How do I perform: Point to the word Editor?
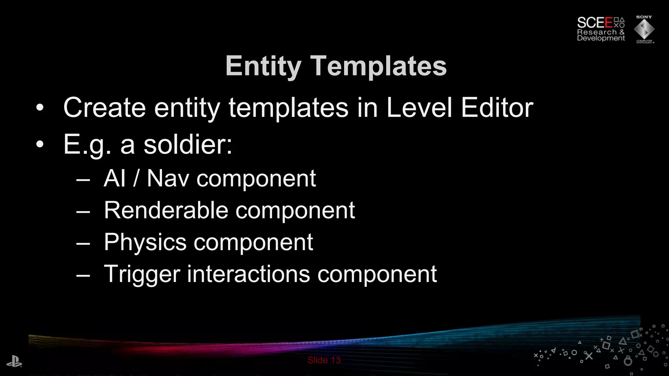coord(497,108)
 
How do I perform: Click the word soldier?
coord(188,145)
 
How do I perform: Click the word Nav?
coord(168,179)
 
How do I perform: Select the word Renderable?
coord(166,210)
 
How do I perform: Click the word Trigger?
coord(142,274)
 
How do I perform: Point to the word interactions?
coord(248,274)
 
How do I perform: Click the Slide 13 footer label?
coord(324,360)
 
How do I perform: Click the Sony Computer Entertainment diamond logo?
coord(644,29)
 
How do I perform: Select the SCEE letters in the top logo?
coord(595,23)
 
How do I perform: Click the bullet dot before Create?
coord(40,108)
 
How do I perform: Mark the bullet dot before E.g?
coord(40,145)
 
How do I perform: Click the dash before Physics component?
coord(83,243)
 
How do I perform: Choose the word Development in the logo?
coord(601,38)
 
